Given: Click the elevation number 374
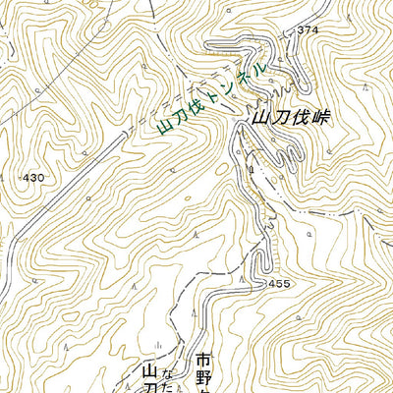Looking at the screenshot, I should point(309,31).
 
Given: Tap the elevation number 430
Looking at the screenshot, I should point(33,178).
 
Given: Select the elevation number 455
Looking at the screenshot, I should point(278,283).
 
